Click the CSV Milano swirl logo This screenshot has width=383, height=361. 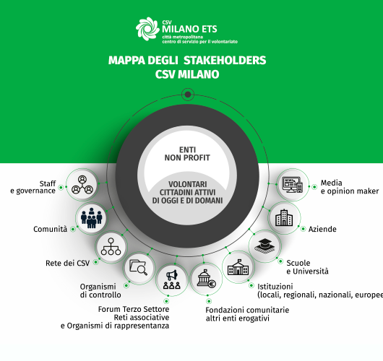tap(147, 29)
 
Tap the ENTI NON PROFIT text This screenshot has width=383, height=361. tap(187, 154)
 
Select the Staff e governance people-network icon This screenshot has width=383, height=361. tap(82, 185)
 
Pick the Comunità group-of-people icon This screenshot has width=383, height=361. tap(91, 218)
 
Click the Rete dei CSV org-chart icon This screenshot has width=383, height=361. tap(111, 247)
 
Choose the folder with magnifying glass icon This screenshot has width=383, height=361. tap(139, 268)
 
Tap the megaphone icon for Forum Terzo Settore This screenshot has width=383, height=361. tap(172, 279)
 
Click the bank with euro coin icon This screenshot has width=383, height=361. tap(207, 279)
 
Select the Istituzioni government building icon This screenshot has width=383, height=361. tap(238, 267)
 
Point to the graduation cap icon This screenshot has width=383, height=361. tap(264, 246)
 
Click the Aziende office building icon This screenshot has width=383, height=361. tap(284, 217)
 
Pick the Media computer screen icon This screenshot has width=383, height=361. tap(293, 185)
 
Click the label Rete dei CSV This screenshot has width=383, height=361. tap(68, 263)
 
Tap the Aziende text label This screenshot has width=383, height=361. tap(322, 229)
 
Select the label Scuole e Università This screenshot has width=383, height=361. tap(308, 267)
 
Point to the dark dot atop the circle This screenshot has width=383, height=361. tap(188, 94)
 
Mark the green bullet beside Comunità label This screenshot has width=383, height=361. tap(73, 229)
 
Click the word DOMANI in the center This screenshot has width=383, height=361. tap(208, 201)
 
